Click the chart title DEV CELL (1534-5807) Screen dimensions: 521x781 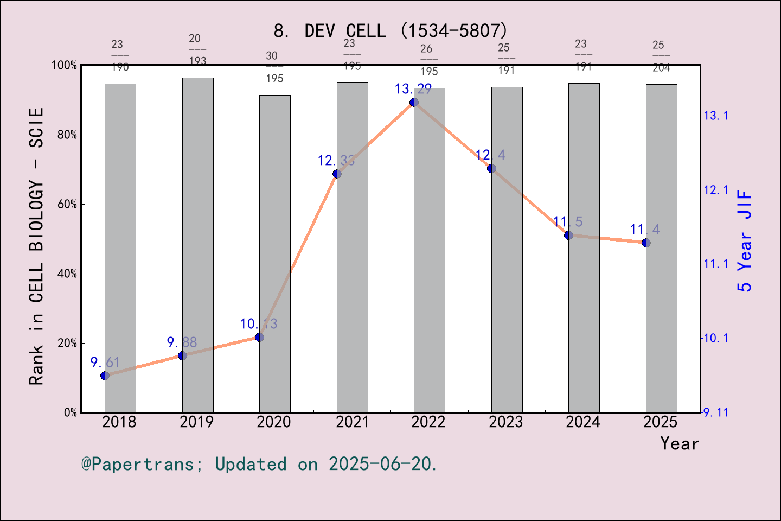(x=390, y=31)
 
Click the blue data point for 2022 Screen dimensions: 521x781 (x=414, y=102)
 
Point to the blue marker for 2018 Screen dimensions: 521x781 (x=105, y=376)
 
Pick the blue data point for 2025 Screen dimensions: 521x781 (x=646, y=243)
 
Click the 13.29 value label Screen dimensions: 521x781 (x=413, y=89)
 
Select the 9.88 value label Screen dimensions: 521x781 (x=182, y=342)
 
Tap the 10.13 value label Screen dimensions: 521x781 (x=259, y=324)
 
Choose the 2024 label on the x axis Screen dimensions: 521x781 (x=583, y=422)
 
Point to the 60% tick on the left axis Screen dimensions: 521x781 (x=67, y=205)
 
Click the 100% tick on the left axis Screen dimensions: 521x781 (x=64, y=66)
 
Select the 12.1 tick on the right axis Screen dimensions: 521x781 (x=716, y=190)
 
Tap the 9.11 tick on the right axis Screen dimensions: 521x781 (x=716, y=413)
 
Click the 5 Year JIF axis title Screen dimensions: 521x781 (x=745, y=240)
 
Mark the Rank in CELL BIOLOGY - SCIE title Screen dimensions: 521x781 (x=36, y=246)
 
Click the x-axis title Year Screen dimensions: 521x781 (x=680, y=444)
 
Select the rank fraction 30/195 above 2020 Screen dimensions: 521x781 (x=274, y=67)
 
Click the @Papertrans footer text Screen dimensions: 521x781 (x=259, y=465)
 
